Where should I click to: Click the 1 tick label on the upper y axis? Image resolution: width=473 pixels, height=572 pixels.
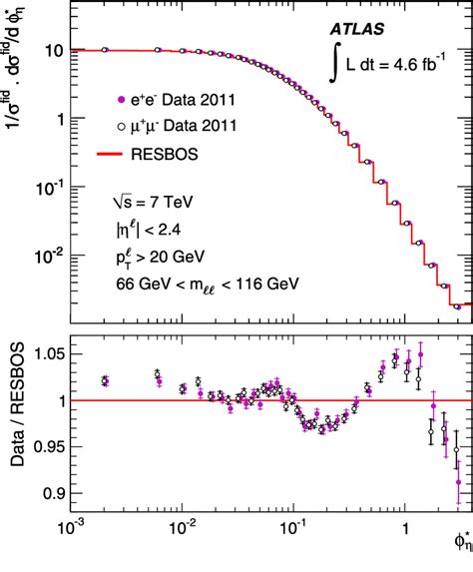click(57, 119)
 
